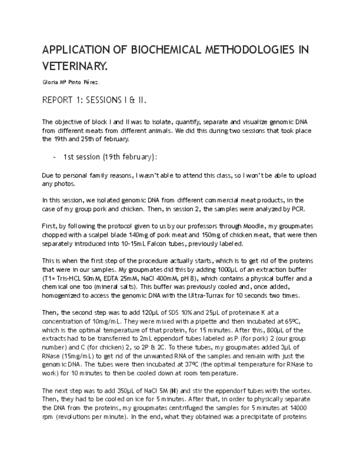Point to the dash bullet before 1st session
54,157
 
